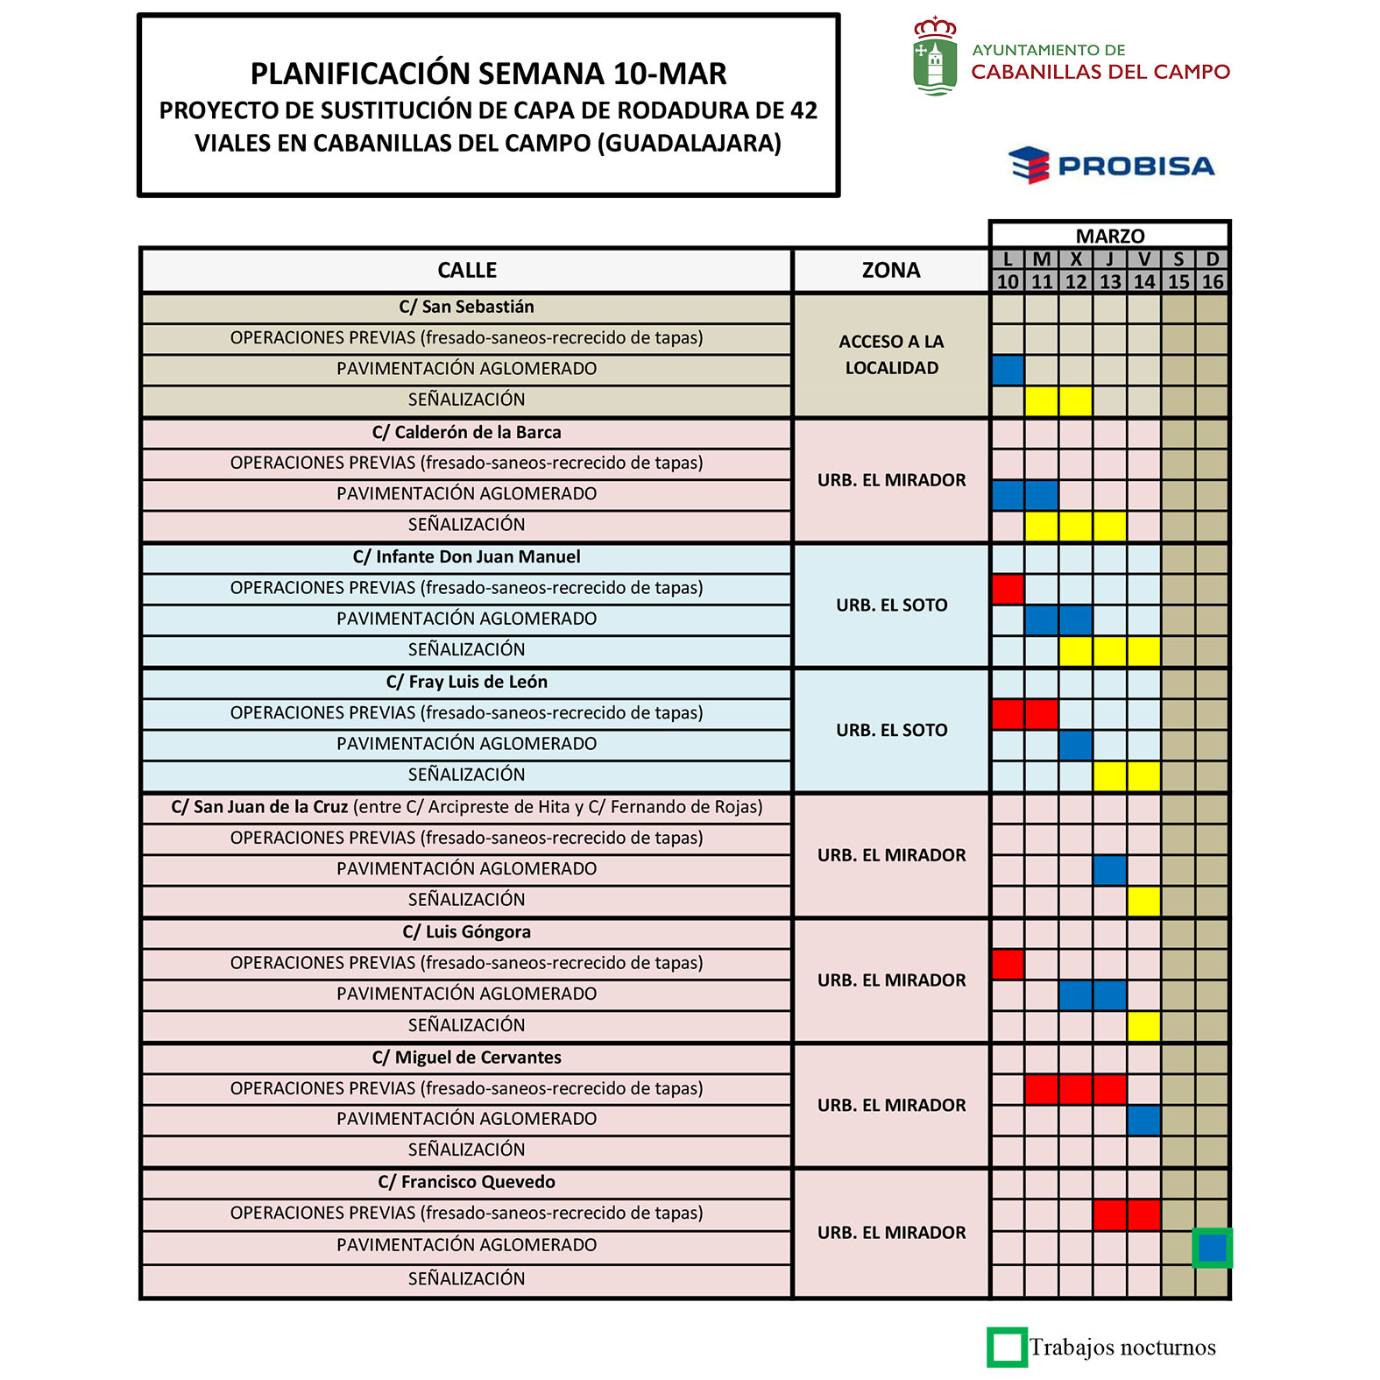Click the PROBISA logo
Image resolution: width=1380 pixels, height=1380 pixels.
click(x=1111, y=166)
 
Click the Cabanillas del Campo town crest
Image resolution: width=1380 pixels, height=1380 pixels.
click(x=935, y=56)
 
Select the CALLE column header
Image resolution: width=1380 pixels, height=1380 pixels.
click(x=466, y=270)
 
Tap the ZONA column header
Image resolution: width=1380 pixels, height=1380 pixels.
click(x=890, y=270)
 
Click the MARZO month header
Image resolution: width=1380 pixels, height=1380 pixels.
click(x=1109, y=236)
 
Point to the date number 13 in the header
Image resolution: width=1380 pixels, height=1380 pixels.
click(x=1109, y=281)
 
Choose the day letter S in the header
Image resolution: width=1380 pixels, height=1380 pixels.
click(x=1178, y=259)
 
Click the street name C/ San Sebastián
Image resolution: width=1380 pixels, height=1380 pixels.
click(x=466, y=307)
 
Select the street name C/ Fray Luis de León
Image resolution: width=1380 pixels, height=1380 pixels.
click(x=466, y=682)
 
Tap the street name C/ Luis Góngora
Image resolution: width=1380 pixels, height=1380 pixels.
click(x=466, y=931)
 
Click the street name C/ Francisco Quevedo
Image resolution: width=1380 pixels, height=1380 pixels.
click(x=466, y=1182)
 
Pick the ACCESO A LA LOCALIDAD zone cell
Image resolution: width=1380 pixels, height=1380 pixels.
click(x=890, y=355)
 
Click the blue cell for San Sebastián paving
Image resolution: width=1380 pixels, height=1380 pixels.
click(x=1008, y=370)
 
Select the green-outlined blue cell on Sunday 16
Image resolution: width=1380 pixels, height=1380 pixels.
click(x=1212, y=1248)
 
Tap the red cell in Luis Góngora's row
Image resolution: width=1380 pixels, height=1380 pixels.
click(x=1008, y=964)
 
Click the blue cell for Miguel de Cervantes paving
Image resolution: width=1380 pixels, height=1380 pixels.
click(x=1143, y=1120)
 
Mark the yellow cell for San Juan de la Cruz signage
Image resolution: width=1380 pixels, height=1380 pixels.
click(x=1143, y=901)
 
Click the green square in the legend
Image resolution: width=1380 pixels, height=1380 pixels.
click(x=1007, y=1347)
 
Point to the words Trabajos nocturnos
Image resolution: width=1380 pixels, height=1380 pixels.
click(x=1122, y=1347)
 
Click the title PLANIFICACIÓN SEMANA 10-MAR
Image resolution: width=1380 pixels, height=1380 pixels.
click(x=488, y=74)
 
